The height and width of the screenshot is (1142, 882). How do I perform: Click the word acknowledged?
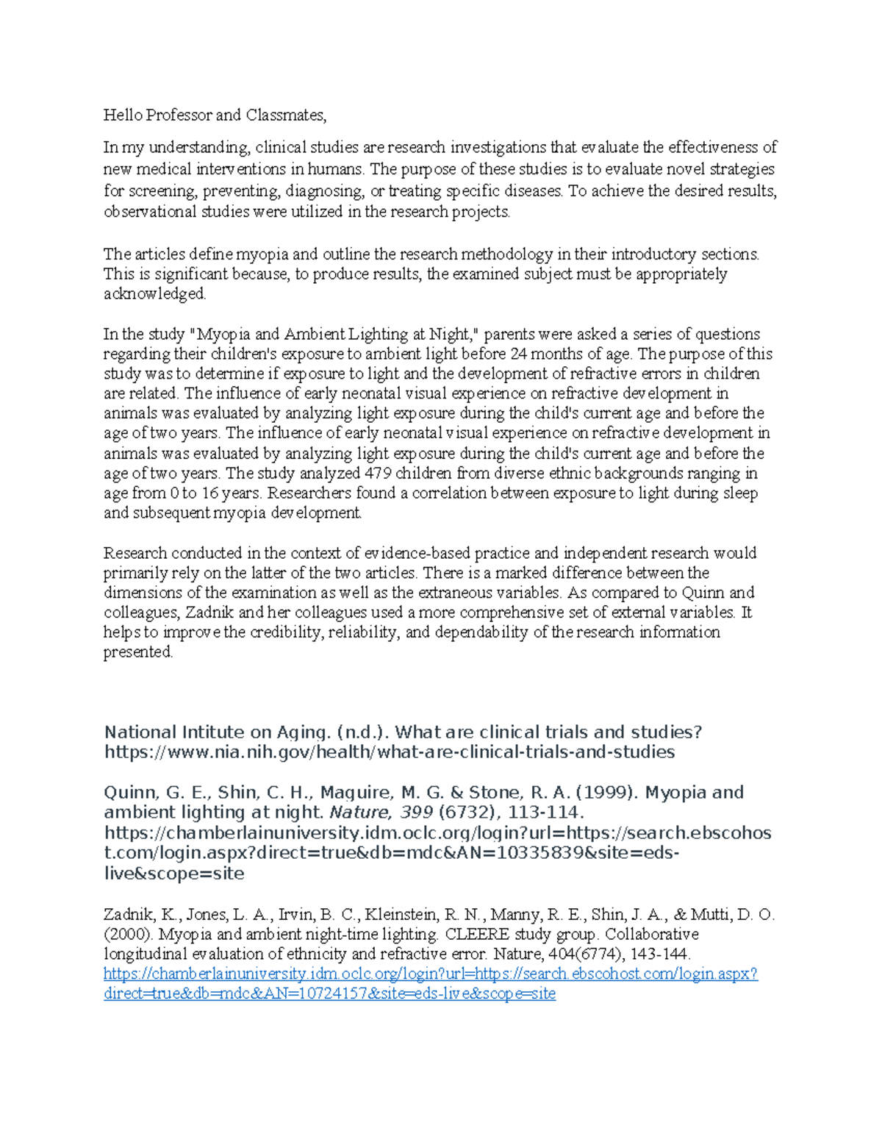tap(154, 294)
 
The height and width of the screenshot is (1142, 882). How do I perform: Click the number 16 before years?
tap(210, 493)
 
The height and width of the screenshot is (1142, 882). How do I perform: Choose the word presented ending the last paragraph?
tap(137, 652)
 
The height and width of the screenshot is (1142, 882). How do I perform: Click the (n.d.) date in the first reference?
tap(363, 732)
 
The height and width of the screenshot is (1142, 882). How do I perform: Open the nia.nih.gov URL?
tap(390, 752)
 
